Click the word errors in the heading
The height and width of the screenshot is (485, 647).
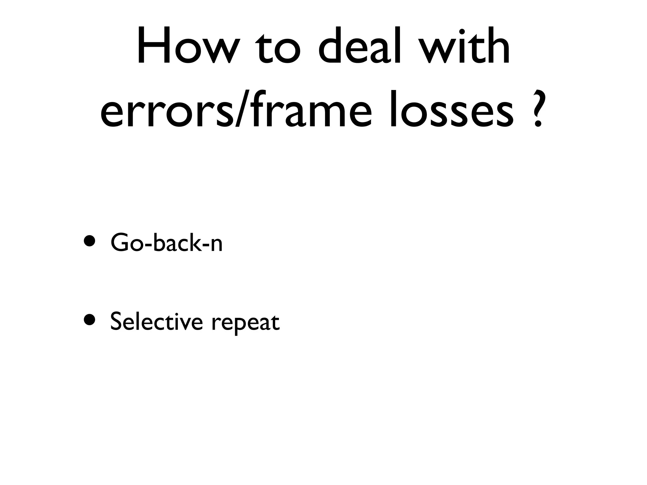click(166, 112)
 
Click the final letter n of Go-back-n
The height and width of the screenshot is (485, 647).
click(216, 245)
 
